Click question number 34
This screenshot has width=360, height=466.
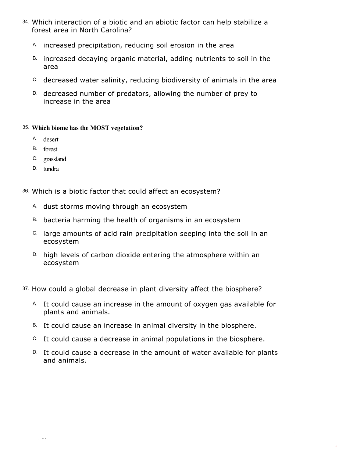pyautogui.click(x=25, y=22)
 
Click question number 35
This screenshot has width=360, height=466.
pyautogui.click(x=25, y=127)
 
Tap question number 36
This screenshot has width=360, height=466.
pyautogui.click(x=25, y=191)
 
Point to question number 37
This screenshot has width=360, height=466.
pyautogui.click(x=25, y=289)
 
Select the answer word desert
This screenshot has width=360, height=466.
pyautogui.click(x=51, y=140)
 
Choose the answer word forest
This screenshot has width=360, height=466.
pyautogui.click(x=50, y=149)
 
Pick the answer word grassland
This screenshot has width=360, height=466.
pyautogui.click(x=55, y=159)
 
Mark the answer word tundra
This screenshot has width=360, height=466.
pyautogui.click(x=51, y=169)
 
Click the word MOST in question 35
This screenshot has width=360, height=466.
pyautogui.click(x=100, y=128)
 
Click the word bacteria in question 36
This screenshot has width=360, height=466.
pyautogui.click(x=57, y=220)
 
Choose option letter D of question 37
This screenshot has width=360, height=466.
pyautogui.click(x=35, y=352)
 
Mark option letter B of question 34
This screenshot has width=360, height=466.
pyautogui.click(x=35, y=59)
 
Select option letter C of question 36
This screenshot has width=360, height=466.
pyautogui.click(x=35, y=233)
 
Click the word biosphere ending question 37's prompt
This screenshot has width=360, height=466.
pyautogui.click(x=242, y=289)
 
